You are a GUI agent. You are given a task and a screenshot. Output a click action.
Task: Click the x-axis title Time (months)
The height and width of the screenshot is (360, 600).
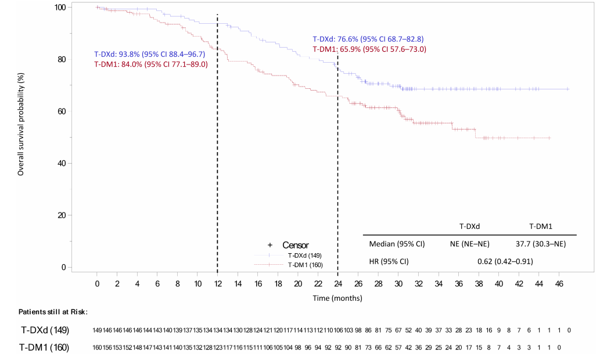click(x=337, y=298)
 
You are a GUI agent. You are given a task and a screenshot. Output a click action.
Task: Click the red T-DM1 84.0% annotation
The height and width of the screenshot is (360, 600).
click(x=150, y=64)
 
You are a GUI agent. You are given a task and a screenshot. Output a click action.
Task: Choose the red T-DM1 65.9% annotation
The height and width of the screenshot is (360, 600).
click(x=369, y=49)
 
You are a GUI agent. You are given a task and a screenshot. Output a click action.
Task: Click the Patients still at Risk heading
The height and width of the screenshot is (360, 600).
click(x=53, y=312)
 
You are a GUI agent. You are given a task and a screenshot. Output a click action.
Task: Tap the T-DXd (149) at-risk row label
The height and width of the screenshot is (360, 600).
click(x=45, y=330)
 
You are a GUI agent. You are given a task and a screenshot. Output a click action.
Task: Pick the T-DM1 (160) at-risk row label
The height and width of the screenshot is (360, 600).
click(x=45, y=348)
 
